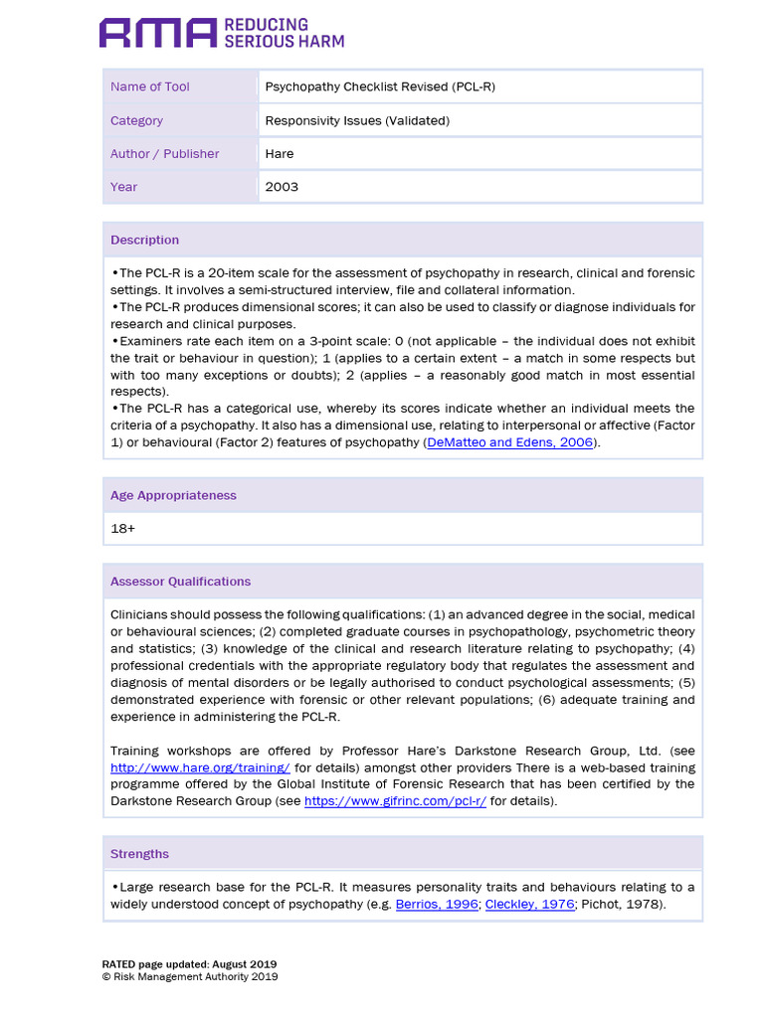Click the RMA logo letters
coord(157,33)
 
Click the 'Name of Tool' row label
coord(150,86)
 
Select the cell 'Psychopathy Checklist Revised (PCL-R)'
coord(380,86)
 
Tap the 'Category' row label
coord(137,120)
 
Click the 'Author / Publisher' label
coord(165,153)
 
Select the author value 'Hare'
coord(280,153)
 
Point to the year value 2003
coord(282,186)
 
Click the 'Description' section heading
coord(145,240)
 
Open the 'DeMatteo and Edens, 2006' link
coord(510,442)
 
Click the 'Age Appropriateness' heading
coord(173,495)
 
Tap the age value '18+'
coord(123,529)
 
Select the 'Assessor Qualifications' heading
coord(180,581)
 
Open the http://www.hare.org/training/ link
coord(200,767)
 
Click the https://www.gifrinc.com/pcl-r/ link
coord(395,801)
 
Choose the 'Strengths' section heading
coord(140,854)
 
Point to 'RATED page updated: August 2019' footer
coord(189,964)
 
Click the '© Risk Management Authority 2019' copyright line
coord(190,976)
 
